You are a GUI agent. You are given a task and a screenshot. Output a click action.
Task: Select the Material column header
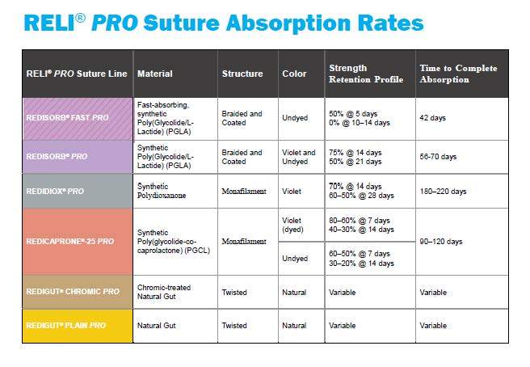155,74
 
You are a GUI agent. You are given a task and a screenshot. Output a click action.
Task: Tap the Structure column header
242,74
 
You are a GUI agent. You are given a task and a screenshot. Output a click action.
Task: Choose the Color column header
294,74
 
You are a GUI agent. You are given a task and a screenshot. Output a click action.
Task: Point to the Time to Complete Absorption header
457,74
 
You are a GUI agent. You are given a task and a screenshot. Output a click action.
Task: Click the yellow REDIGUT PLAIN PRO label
65,325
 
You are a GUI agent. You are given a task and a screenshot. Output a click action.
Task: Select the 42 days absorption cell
433,118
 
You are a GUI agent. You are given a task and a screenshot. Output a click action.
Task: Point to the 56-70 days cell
438,157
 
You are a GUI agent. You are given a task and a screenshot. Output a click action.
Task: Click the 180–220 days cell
443,192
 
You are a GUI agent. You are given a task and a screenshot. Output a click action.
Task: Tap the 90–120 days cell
441,242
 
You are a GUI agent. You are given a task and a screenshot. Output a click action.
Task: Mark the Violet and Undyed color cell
300,157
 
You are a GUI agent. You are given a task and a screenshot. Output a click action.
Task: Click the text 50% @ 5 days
353,114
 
